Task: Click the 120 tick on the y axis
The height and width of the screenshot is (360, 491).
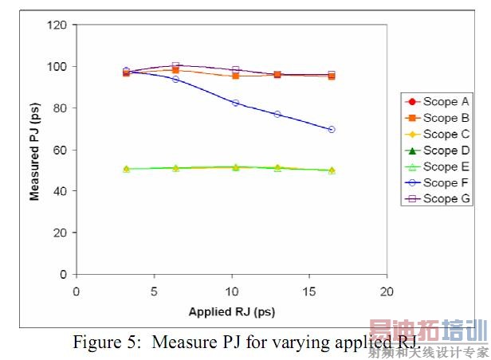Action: click(57, 25)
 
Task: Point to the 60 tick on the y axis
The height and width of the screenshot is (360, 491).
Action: click(60, 150)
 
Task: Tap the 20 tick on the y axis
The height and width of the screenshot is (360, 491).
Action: click(60, 233)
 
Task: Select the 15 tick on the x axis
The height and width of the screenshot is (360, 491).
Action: click(309, 290)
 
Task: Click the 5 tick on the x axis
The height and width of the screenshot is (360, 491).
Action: click(154, 290)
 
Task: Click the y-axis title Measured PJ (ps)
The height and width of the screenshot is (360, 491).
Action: click(35, 150)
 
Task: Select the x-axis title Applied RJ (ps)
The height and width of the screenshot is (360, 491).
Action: click(231, 311)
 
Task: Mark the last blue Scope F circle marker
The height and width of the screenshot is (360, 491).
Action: click(332, 129)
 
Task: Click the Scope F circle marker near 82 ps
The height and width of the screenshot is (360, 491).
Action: click(235, 103)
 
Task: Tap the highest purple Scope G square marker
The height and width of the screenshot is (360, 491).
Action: click(176, 65)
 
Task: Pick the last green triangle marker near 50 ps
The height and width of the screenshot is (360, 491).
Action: click(332, 170)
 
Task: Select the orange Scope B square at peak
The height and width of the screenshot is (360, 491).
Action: click(176, 70)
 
